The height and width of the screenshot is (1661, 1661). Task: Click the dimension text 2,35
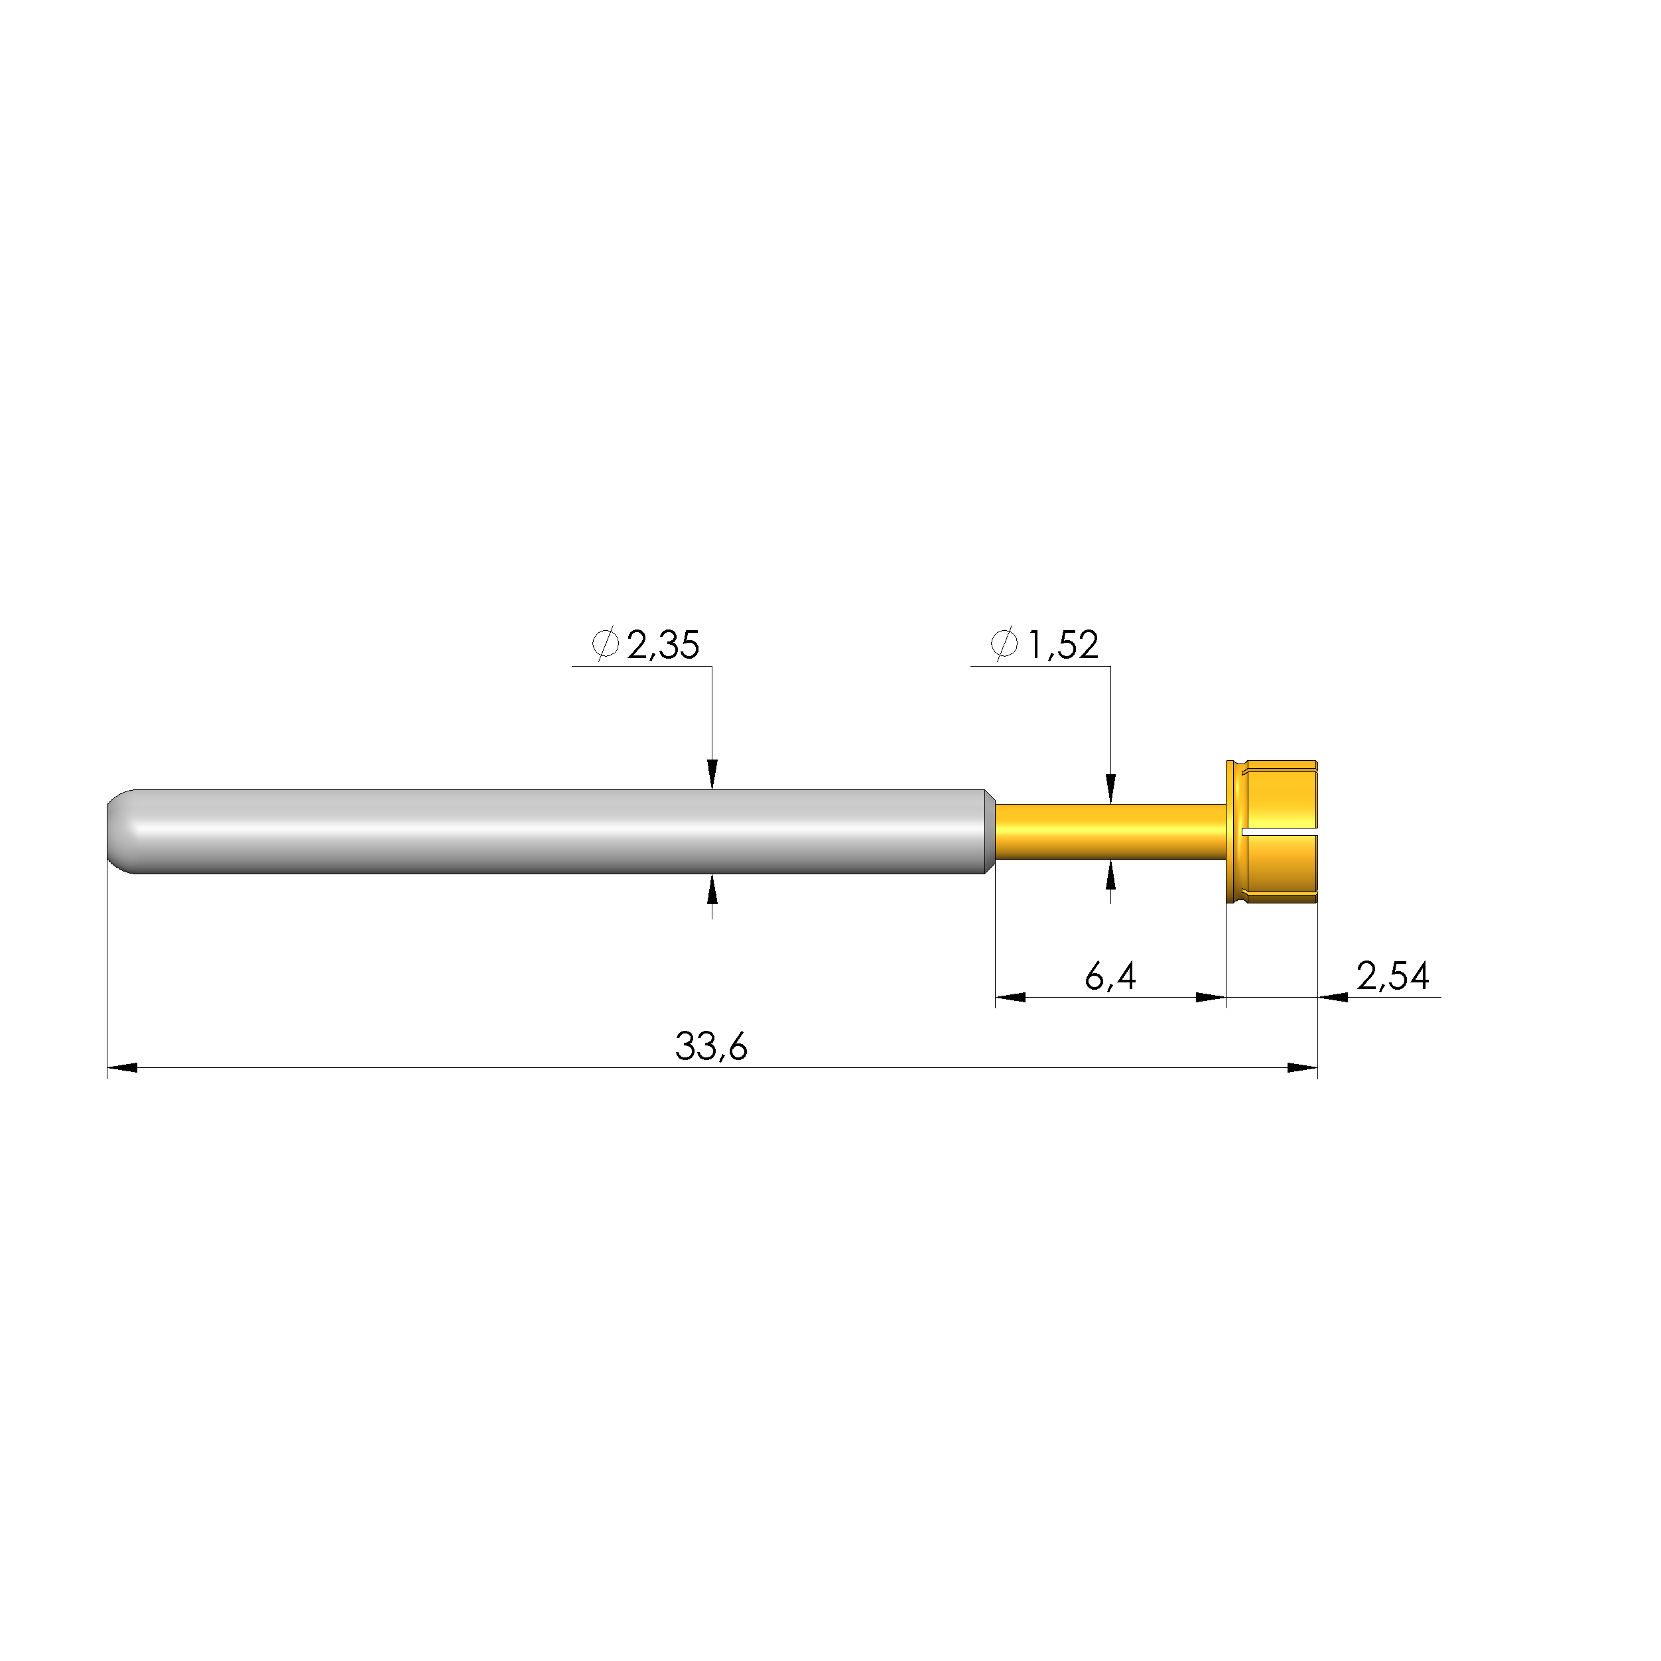point(663,645)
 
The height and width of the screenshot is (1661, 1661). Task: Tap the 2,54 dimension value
point(1393,976)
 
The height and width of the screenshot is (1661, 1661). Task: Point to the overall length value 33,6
point(711,1046)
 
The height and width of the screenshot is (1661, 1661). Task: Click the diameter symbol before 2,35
point(605,645)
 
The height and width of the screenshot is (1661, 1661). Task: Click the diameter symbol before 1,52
point(1004,645)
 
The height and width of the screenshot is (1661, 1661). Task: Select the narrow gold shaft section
point(1109,831)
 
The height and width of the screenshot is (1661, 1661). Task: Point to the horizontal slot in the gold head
point(1280,833)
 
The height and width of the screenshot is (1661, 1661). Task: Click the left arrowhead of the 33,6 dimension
point(122,1068)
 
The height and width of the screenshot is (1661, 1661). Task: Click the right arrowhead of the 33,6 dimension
point(1301,1068)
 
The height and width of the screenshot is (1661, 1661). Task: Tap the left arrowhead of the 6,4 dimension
point(1010,997)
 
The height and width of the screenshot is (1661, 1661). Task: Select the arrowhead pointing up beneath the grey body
point(712,890)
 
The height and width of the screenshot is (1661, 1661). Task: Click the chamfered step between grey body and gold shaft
point(990,831)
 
